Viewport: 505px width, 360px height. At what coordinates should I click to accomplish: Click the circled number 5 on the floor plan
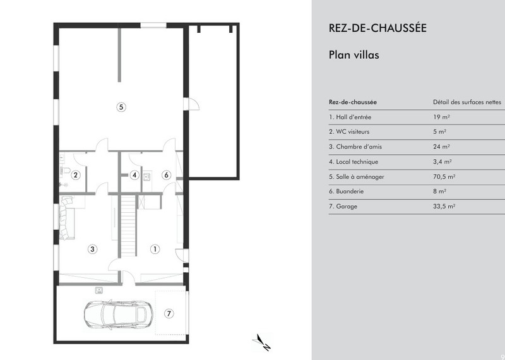click(121, 107)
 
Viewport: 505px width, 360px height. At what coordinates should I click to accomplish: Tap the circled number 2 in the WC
click(75, 175)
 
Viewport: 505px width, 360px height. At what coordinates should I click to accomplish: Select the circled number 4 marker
click(134, 175)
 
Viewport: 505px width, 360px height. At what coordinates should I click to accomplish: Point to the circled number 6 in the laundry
click(166, 175)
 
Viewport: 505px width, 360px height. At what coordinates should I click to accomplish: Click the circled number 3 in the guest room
click(92, 249)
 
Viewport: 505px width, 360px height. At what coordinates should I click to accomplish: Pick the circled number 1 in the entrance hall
click(155, 249)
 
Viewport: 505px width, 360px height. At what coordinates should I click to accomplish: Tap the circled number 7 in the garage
click(169, 313)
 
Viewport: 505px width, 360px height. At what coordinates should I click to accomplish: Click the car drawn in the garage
click(119, 315)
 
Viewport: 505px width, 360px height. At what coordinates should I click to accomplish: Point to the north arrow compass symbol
click(261, 342)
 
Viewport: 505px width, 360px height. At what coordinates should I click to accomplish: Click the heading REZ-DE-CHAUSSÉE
click(377, 28)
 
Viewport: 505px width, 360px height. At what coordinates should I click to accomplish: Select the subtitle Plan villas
click(353, 55)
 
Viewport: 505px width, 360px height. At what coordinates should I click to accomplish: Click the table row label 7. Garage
click(343, 207)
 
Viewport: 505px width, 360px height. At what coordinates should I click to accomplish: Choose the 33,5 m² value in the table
click(444, 207)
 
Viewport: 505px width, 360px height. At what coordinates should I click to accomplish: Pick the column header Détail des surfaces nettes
click(467, 102)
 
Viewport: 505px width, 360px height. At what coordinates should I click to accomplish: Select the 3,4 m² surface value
click(443, 162)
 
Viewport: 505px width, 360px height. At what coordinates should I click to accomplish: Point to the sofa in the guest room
click(66, 219)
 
